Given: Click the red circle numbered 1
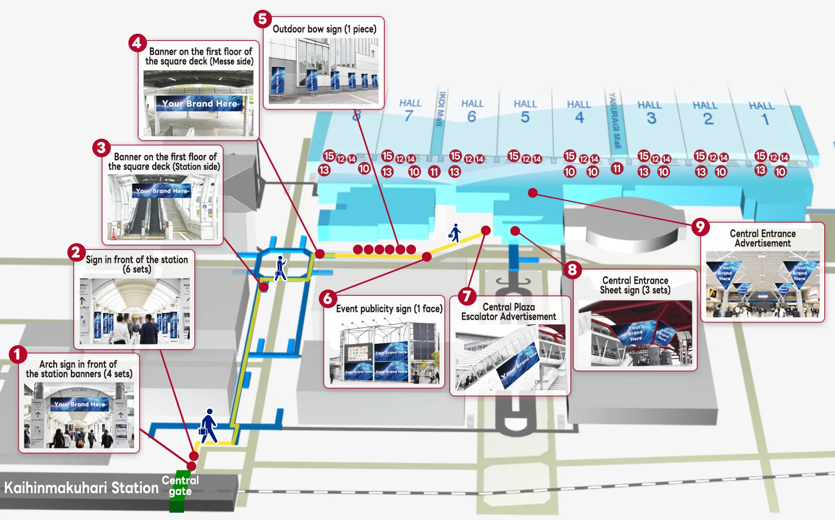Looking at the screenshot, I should [18, 354].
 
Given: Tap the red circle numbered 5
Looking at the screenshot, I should [262, 19].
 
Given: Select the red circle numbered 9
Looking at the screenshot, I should [700, 227].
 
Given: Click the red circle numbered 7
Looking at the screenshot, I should [467, 296].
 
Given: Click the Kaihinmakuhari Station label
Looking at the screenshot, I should [82, 488].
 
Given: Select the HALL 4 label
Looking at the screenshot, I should [579, 112].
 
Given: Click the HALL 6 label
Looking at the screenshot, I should [472, 111].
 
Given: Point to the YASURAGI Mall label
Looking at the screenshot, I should [614, 120].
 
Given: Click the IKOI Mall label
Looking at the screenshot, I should [441, 109].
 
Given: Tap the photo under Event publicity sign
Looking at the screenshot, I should [385, 352].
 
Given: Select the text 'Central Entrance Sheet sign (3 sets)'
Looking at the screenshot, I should [635, 285].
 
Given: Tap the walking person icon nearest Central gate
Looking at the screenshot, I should [209, 426].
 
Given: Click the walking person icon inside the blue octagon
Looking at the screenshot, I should [281, 268].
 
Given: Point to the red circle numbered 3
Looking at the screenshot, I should [101, 147].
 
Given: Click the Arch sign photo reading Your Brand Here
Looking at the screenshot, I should [79, 416].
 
